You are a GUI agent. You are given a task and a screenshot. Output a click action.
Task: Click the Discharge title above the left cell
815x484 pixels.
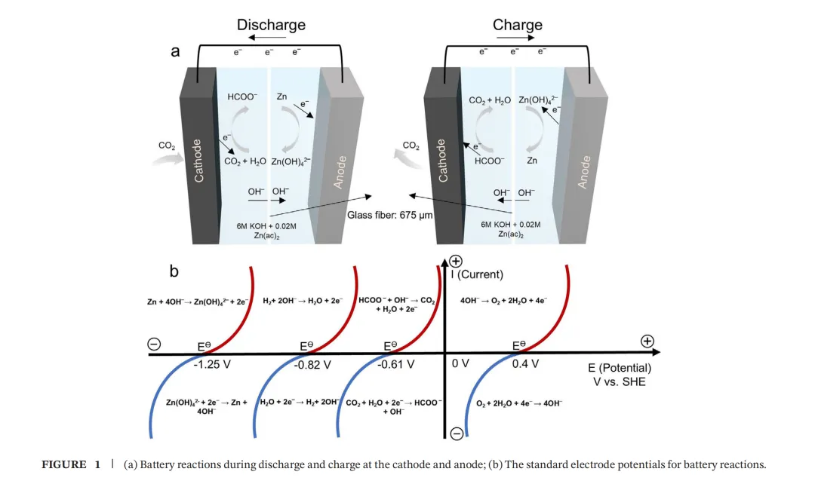click(271, 25)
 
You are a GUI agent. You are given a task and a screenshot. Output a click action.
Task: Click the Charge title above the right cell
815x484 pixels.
click(517, 25)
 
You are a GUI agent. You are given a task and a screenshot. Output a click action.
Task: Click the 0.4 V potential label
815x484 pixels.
click(525, 364)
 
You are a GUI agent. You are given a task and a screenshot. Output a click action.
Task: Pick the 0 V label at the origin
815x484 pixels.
click(460, 364)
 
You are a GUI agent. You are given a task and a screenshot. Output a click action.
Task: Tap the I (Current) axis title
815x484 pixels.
click(476, 274)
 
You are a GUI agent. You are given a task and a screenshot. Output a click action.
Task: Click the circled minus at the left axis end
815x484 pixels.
click(154, 345)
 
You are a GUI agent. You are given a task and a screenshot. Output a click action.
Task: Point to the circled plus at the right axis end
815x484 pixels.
click(647, 342)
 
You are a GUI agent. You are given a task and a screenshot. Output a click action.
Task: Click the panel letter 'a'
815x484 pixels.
click(175, 52)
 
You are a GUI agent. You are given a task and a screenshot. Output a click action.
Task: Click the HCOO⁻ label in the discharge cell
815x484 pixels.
click(242, 97)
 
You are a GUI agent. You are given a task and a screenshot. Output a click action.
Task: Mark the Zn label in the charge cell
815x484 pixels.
click(532, 161)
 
